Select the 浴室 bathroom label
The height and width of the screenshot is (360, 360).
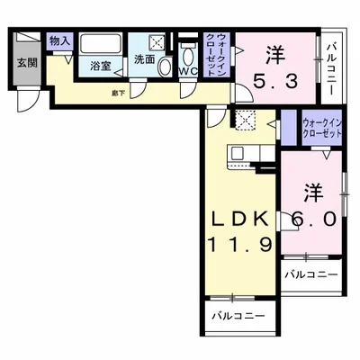point(100,67)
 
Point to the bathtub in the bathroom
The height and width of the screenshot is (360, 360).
point(100,44)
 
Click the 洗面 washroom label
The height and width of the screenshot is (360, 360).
point(145,58)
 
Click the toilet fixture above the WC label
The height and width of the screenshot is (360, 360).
point(187,49)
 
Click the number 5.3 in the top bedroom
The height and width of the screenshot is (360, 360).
point(274,81)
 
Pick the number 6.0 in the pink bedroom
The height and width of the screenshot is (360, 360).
point(312,219)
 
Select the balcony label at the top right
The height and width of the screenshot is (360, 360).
point(333,60)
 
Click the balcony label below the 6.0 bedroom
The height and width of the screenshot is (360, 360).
point(311,274)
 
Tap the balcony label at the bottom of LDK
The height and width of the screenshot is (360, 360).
point(238,316)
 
